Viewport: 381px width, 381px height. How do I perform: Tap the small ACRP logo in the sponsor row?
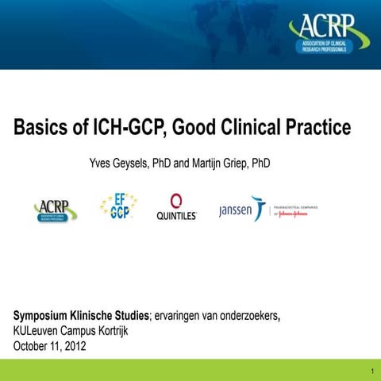pos(55,210)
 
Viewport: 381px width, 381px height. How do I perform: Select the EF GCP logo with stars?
pos(118,207)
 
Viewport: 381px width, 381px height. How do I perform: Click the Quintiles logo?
pos(177,207)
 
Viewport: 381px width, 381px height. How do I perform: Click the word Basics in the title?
pos(40,127)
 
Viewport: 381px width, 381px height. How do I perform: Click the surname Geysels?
pos(131,164)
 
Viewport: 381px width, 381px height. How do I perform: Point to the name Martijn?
pos(209,164)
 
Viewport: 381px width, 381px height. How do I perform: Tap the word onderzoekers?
pos(247,317)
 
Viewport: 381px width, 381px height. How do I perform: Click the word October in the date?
pos(33,346)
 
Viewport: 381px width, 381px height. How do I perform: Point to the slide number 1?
pos(371,371)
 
